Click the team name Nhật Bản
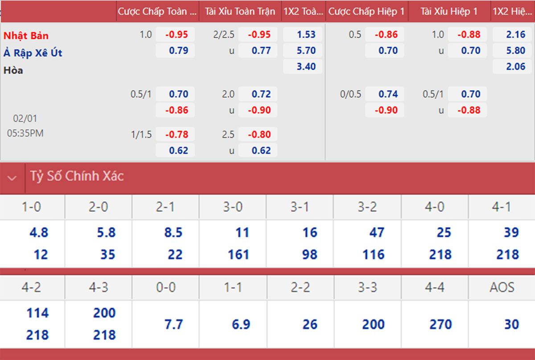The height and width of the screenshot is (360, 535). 26,35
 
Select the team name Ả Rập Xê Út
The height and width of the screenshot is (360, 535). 33,53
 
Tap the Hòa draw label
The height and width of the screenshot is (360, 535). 13,70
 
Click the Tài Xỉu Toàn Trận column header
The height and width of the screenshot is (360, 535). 240,12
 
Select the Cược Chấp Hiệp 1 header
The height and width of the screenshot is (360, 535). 366,12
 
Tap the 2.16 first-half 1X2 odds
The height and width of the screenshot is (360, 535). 516,34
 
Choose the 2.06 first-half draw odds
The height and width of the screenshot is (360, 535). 516,66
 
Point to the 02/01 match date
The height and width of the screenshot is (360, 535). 25,119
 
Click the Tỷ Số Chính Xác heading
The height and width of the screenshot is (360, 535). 77,176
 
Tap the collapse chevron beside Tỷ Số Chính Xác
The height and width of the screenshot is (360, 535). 12,178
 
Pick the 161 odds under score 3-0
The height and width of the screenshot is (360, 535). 238,254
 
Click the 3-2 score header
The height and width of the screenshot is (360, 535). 367,207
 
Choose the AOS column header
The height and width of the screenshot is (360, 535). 502,287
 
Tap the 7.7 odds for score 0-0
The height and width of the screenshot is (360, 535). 173,324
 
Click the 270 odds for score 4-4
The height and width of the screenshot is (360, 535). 440,324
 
